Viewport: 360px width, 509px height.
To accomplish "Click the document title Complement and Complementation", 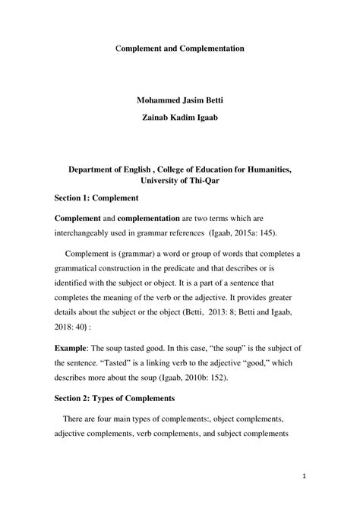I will point(179,49).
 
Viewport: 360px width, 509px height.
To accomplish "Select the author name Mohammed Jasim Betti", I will point(179,99).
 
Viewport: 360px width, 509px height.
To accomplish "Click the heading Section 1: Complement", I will point(96,198).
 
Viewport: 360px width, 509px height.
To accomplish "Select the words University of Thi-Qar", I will point(179,181).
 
